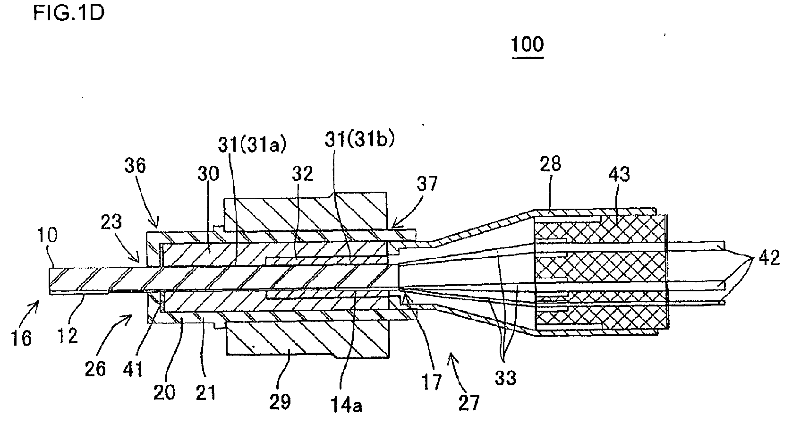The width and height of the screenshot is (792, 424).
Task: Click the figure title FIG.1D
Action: click(69, 14)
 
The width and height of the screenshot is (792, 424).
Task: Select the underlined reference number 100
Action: click(528, 44)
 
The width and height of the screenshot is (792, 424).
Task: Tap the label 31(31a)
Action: click(252, 144)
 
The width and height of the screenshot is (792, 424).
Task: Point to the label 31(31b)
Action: click(359, 139)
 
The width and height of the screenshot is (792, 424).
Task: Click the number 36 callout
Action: click(135, 165)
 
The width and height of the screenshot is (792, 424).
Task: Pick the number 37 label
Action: click(427, 184)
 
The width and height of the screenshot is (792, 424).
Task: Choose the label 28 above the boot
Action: click(551, 163)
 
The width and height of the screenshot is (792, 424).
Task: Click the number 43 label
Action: click(619, 174)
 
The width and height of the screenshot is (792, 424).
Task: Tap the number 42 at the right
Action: click(769, 257)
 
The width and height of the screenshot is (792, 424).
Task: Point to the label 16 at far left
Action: click(22, 338)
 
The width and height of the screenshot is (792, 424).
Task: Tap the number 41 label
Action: click(133, 369)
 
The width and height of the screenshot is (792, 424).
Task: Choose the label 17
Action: click(432, 382)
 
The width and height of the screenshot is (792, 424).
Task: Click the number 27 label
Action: click(469, 402)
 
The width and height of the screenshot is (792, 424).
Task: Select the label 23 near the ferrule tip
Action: click(111, 222)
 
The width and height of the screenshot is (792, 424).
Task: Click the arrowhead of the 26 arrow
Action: click(130, 316)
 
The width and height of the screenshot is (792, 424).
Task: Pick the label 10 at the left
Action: click(48, 235)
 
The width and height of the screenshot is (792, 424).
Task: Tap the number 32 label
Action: click(302, 174)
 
